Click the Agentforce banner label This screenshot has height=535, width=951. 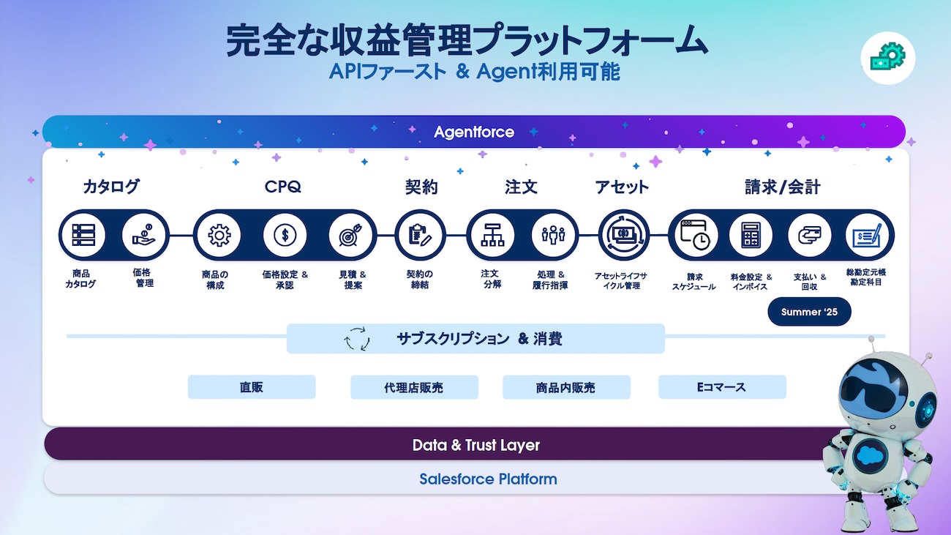pos(474,132)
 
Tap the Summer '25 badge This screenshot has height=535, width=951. pos(809,312)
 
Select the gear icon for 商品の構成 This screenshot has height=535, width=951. pos(219,235)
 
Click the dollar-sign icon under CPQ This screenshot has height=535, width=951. pos(285,235)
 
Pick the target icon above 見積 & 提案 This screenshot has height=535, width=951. pos(350,235)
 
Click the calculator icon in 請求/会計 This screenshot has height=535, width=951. pos(751,235)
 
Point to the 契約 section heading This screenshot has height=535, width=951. pos(421,187)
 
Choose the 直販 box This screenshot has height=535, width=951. pos(252,387)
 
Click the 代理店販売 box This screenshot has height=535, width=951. pos(414,387)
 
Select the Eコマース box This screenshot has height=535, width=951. pos(722,387)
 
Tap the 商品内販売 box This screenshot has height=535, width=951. pos(566,387)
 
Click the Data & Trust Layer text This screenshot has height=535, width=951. pos(476,445)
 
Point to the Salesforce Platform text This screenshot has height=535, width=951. pos(488,479)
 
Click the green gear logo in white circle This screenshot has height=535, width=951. pos(888,57)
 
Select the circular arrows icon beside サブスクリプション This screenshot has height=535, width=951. pos(357,338)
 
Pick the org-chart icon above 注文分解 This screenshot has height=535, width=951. pos(492,235)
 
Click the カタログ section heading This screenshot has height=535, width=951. pos(110,187)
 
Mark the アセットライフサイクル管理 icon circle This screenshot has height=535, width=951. pos(624,235)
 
